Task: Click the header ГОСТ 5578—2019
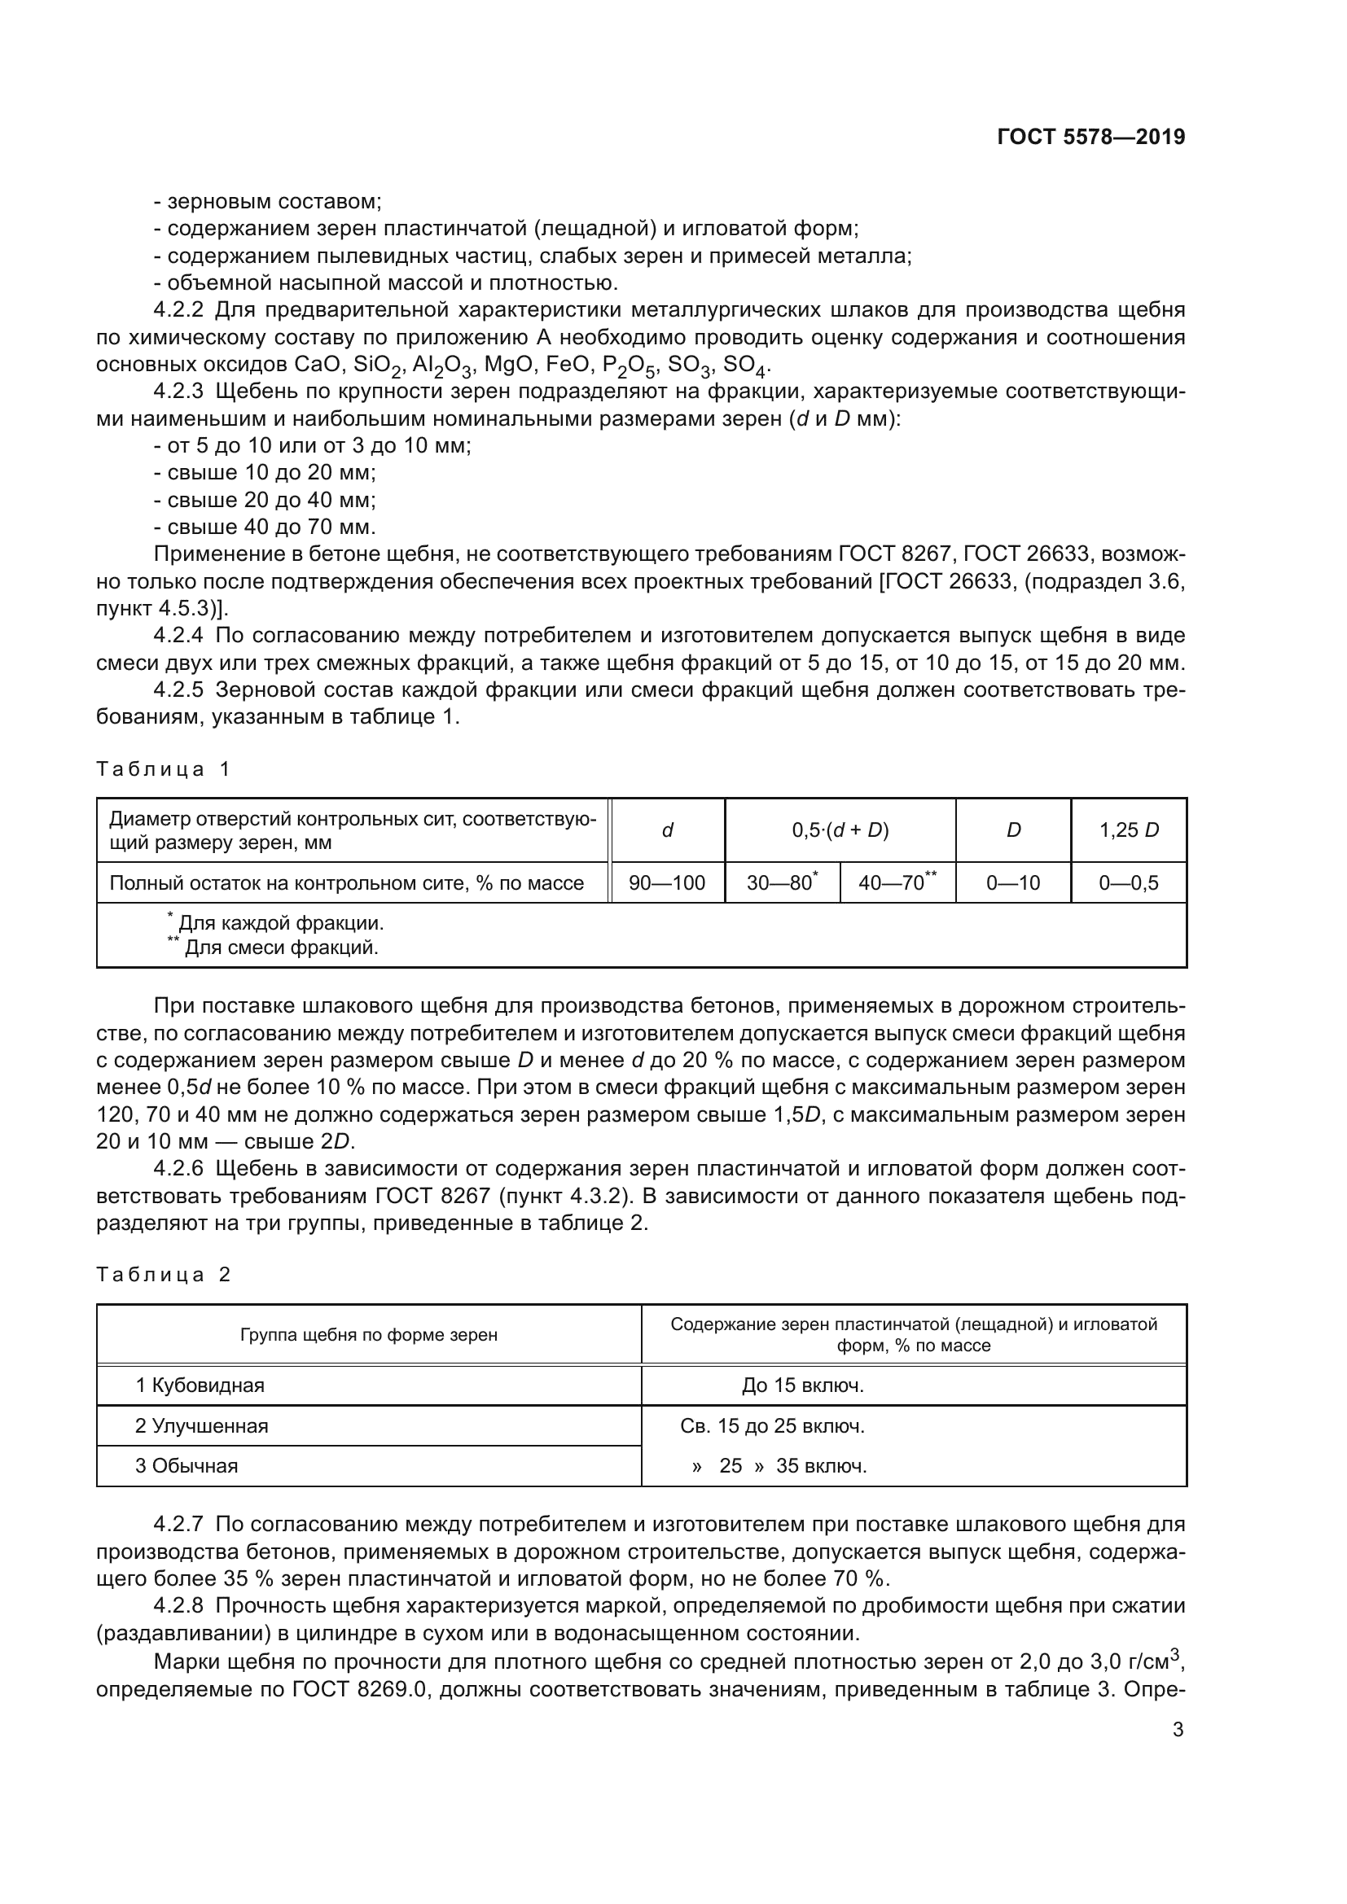[x=1090, y=137]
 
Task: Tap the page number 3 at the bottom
[x=1178, y=1730]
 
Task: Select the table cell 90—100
[x=667, y=883]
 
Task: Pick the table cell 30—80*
[x=781, y=883]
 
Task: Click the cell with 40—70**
[x=897, y=883]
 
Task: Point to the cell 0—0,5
[x=1128, y=883]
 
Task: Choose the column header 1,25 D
[x=1128, y=830]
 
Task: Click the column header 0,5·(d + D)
[x=840, y=830]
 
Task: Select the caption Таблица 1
[x=163, y=768]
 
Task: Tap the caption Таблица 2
[x=163, y=1275]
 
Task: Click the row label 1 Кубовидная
[x=200, y=1385]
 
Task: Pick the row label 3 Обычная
[x=186, y=1465]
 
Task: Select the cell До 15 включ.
[x=802, y=1385]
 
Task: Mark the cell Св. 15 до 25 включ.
[x=772, y=1426]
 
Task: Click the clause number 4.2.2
[x=178, y=310]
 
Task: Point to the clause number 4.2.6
[x=178, y=1168]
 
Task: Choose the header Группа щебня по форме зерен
[x=368, y=1335]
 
